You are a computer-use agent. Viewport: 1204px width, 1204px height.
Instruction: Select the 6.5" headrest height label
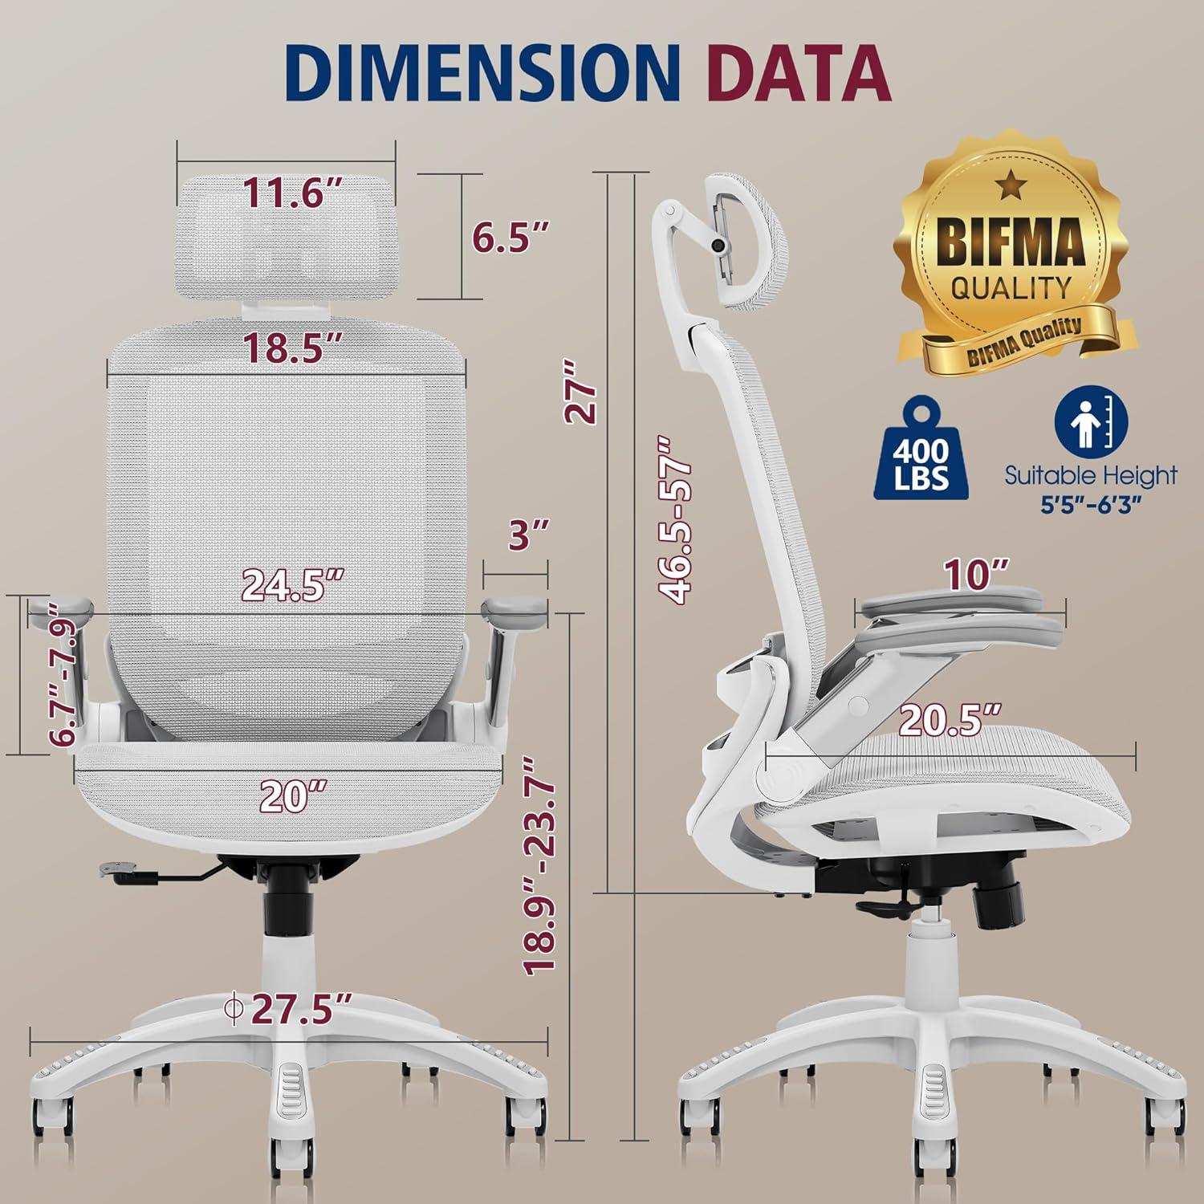(x=510, y=238)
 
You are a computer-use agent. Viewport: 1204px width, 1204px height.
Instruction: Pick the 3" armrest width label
(x=529, y=535)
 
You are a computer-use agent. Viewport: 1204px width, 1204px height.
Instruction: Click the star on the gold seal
(x=1011, y=185)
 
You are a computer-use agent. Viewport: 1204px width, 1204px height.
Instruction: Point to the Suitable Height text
(x=1090, y=475)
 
